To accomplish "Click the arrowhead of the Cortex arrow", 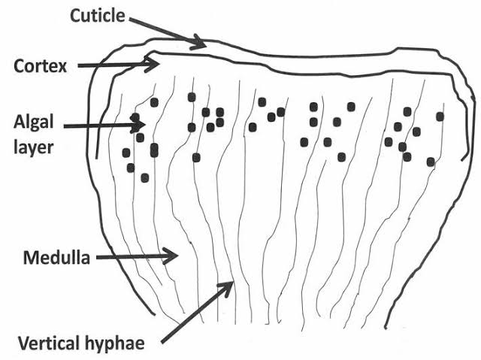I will [150, 65].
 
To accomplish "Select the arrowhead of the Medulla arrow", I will [174, 257].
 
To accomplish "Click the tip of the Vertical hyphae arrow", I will [231, 284].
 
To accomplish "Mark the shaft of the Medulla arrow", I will [132, 258].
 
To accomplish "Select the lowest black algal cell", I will [144, 177].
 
